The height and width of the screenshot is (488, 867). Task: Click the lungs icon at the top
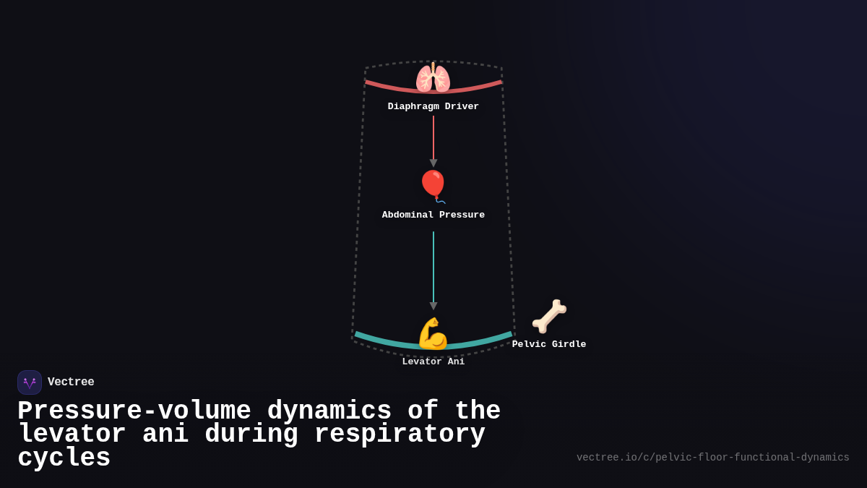[x=433, y=77]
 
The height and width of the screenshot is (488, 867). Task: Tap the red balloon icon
[x=433, y=185]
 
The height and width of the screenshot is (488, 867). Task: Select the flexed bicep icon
[x=433, y=333]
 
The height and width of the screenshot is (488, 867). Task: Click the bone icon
[x=549, y=316]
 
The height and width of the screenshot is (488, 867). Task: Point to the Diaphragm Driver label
[x=433, y=107]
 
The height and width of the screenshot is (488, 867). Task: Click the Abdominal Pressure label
[x=433, y=215]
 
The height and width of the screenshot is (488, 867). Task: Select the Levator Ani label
[x=433, y=362]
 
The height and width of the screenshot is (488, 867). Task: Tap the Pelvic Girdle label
[x=549, y=345]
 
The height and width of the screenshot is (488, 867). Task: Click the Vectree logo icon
[x=30, y=382]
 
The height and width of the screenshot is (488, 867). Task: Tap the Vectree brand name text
[x=71, y=382]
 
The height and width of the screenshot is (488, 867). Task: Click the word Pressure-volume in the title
[x=134, y=411]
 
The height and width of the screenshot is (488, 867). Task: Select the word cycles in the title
[x=64, y=458]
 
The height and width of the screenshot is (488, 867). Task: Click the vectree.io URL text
[x=712, y=458]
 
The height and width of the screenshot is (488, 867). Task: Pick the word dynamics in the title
[x=329, y=411]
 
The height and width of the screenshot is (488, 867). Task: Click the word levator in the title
[x=72, y=435]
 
